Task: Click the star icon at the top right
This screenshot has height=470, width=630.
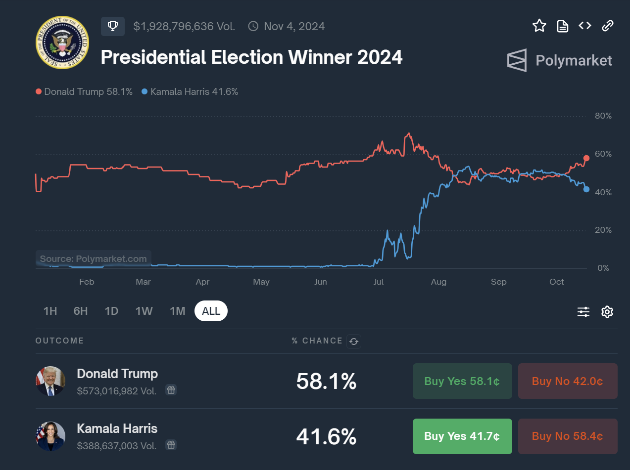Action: pyautogui.click(x=539, y=26)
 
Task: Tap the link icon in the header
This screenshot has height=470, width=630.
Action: pyautogui.click(x=608, y=26)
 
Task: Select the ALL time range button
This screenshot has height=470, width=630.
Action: pyautogui.click(x=211, y=311)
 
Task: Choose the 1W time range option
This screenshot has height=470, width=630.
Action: pyautogui.click(x=144, y=311)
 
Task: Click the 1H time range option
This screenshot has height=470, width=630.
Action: pyautogui.click(x=50, y=311)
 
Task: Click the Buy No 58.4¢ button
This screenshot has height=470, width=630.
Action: pyautogui.click(x=568, y=436)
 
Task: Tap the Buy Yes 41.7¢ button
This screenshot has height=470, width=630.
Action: pyautogui.click(x=462, y=436)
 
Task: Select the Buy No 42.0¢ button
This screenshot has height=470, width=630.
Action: pyautogui.click(x=568, y=381)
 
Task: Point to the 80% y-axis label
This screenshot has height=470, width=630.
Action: pyautogui.click(x=603, y=116)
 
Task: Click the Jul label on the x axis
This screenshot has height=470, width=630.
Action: pyautogui.click(x=379, y=282)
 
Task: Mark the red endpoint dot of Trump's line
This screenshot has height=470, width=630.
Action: pyautogui.click(x=586, y=158)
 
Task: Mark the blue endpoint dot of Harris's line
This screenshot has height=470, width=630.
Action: pyautogui.click(x=586, y=189)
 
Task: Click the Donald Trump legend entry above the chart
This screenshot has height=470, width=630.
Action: pyautogui.click(x=84, y=91)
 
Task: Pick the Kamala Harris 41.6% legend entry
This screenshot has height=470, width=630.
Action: pyautogui.click(x=190, y=91)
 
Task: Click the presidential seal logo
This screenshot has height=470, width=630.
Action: pyautogui.click(x=62, y=43)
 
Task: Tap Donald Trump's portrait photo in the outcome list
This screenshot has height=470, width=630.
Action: pyautogui.click(x=50, y=381)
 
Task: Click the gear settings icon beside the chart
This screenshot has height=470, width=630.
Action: pyautogui.click(x=607, y=312)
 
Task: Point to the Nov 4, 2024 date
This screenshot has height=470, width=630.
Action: pyautogui.click(x=294, y=26)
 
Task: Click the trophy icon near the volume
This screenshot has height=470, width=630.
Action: pyautogui.click(x=113, y=26)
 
